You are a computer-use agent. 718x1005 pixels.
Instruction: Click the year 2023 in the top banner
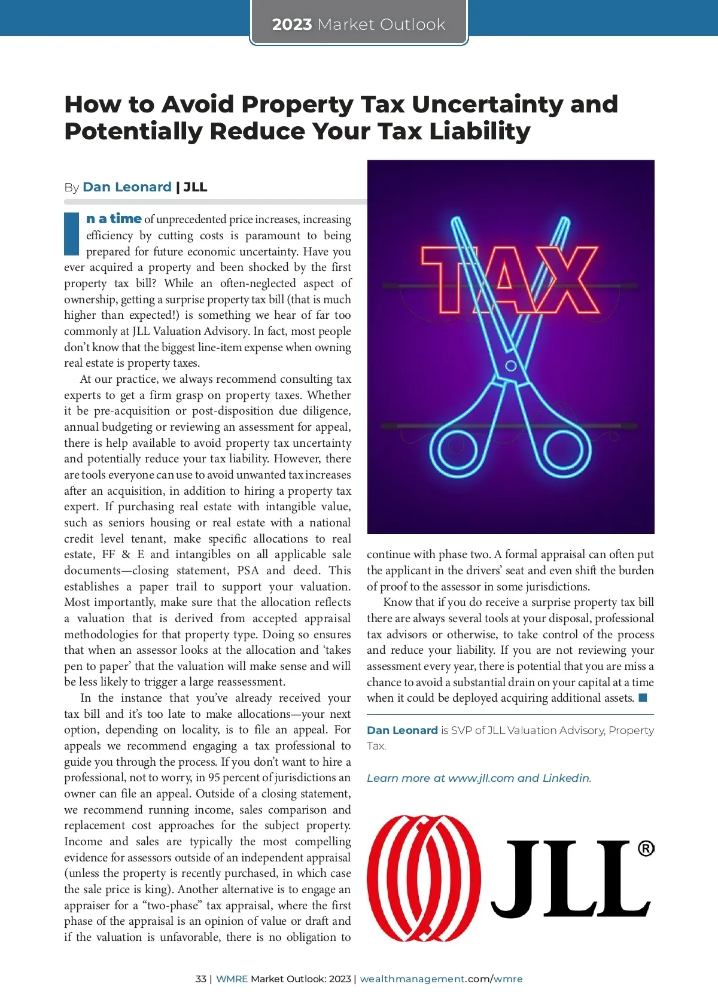(x=292, y=25)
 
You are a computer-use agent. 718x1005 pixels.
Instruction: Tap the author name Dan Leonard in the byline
(x=127, y=187)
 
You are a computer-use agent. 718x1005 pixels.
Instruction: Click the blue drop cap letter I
(x=71, y=233)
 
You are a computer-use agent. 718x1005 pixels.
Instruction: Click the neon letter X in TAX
(x=568, y=279)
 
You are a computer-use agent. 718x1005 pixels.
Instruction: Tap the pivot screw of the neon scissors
(x=510, y=366)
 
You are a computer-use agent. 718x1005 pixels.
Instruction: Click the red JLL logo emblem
(x=424, y=878)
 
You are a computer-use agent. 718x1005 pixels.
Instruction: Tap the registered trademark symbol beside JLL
(x=646, y=848)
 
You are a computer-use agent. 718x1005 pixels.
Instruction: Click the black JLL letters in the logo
(x=568, y=879)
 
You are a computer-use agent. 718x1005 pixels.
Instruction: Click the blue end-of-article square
(x=643, y=698)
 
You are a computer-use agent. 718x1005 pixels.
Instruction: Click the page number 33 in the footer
(x=200, y=979)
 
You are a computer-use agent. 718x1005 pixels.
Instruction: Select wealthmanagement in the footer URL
(x=412, y=979)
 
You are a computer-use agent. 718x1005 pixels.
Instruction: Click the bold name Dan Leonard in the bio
(x=402, y=730)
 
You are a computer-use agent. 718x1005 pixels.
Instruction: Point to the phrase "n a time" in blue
(x=114, y=219)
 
